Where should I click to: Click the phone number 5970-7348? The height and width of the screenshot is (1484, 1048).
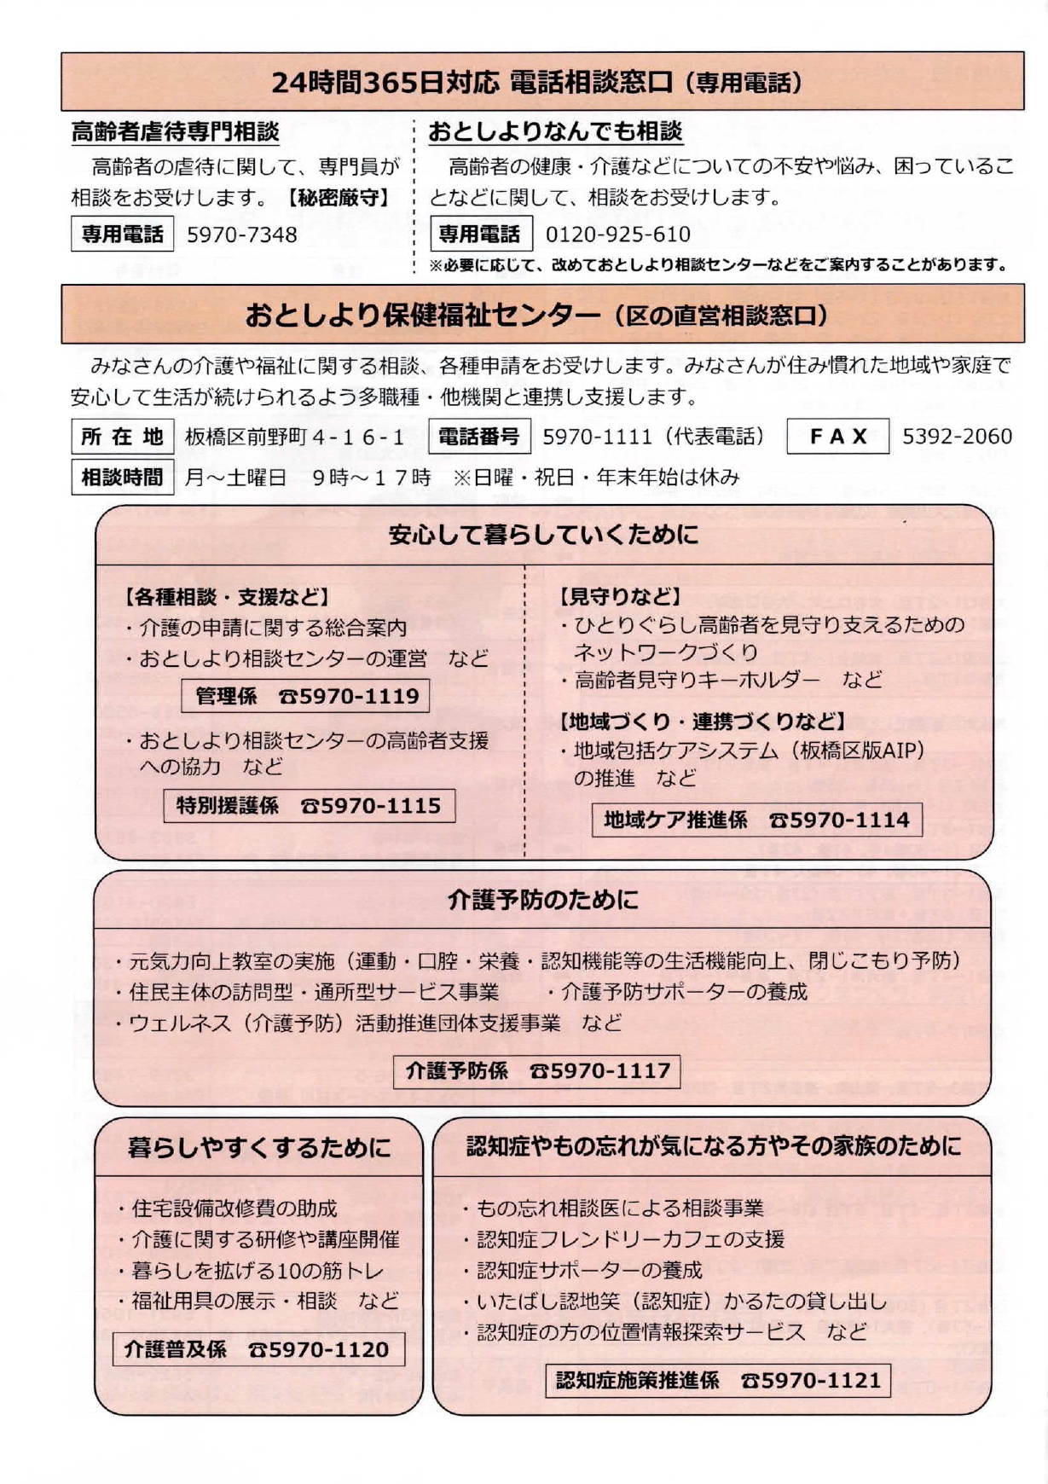[x=241, y=235]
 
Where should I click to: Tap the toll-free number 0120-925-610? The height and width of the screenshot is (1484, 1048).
[x=617, y=235]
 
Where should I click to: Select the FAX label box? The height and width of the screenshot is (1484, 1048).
[x=837, y=437]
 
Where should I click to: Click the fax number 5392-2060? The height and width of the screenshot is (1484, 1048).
[x=957, y=437]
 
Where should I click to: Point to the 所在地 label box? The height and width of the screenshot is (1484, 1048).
[x=122, y=437]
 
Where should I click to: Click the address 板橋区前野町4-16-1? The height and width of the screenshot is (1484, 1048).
[x=295, y=438]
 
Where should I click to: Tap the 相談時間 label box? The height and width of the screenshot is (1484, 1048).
[x=122, y=477]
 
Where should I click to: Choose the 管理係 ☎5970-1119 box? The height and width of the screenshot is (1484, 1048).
[x=305, y=696]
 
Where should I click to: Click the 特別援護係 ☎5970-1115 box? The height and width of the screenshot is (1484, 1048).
[x=309, y=805]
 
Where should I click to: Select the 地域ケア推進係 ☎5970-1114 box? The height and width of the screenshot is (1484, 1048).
[x=756, y=820]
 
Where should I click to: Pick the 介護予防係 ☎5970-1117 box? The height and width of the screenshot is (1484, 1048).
[x=537, y=1070]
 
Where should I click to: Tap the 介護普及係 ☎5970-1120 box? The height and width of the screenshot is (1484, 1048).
[x=258, y=1349]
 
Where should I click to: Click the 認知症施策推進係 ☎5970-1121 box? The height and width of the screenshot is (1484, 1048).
[x=718, y=1380]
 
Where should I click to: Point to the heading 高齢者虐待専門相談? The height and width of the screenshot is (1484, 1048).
[x=175, y=132]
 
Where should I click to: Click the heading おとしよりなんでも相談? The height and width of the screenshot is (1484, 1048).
[x=555, y=132]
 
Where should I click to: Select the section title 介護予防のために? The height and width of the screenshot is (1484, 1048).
[x=542, y=900]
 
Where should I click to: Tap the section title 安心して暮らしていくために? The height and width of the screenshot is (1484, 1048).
[x=543, y=536]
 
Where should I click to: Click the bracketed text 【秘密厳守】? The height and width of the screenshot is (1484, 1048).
[x=338, y=198]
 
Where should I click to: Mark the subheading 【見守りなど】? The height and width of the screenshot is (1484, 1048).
[x=619, y=597]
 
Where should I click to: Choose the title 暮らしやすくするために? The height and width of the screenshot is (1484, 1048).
[x=258, y=1147]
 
